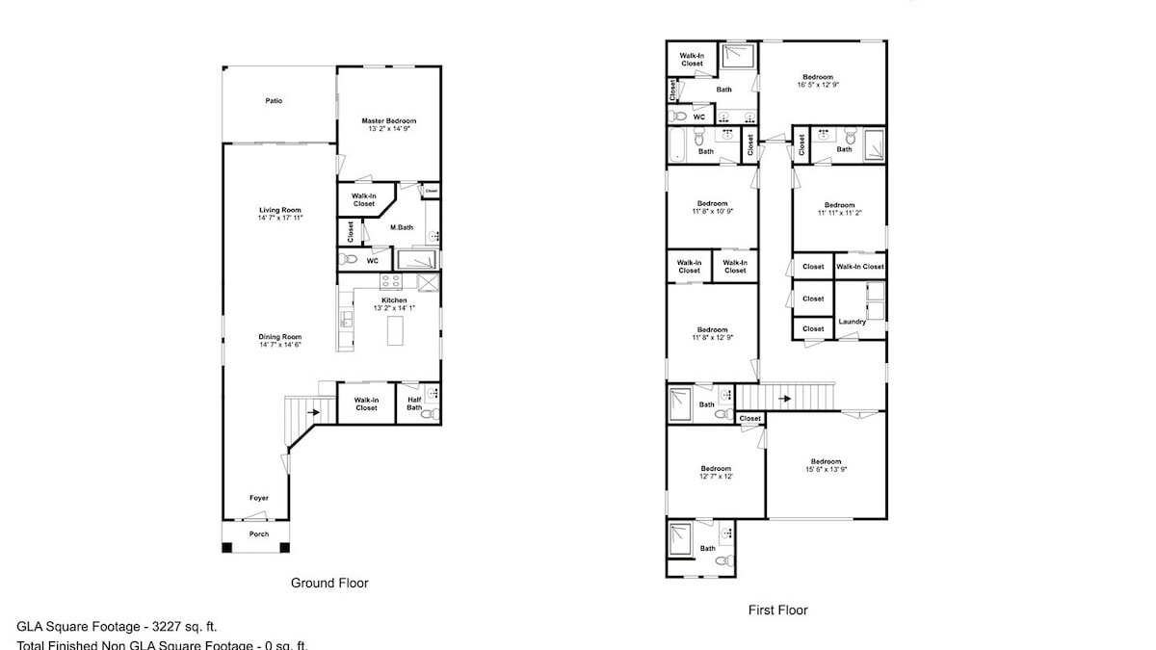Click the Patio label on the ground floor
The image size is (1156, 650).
274,100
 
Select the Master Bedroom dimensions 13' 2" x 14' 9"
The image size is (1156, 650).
389,130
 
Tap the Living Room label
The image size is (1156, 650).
280,210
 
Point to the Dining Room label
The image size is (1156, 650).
280,337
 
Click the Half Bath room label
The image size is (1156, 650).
414,403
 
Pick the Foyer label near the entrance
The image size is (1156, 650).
258,498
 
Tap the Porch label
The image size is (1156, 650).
258,533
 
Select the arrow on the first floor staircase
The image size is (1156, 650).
786,398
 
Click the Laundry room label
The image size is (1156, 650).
852,322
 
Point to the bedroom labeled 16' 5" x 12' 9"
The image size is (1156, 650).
818,81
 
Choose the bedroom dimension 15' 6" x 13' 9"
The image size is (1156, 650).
826,465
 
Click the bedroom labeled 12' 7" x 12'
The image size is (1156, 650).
716,473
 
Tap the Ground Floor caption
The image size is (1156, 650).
329,583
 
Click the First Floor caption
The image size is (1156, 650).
777,610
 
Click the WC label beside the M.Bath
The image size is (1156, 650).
372,260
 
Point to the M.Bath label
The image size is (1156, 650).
402,227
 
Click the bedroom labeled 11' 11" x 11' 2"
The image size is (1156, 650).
838,209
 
